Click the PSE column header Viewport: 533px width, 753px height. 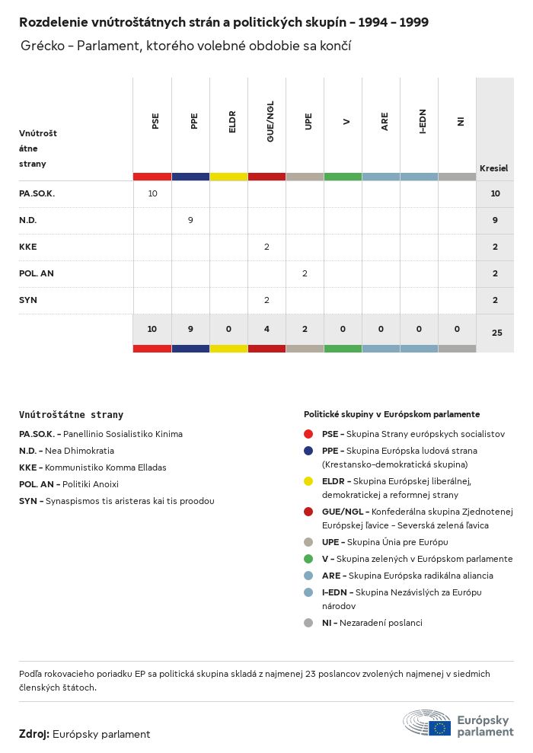[155, 121]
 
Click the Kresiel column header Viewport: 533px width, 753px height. [493, 168]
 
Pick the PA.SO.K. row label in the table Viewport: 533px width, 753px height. [37, 193]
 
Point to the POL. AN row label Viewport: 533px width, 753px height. [37, 273]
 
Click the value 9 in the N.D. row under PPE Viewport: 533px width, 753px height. [190, 220]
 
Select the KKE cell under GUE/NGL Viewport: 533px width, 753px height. [266, 247]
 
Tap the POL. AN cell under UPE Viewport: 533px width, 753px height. [305, 273]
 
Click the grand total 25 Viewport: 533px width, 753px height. [496, 333]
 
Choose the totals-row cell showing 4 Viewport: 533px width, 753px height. [266, 329]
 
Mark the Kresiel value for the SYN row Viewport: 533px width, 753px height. [495, 300]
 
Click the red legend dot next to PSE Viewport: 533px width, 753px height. [308, 434]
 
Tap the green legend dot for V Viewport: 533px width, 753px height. [308, 559]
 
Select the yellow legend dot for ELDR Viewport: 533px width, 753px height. [308, 481]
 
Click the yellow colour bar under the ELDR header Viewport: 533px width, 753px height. [228, 177]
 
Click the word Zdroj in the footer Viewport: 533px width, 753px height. [34, 734]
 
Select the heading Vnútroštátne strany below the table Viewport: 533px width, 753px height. [71, 415]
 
